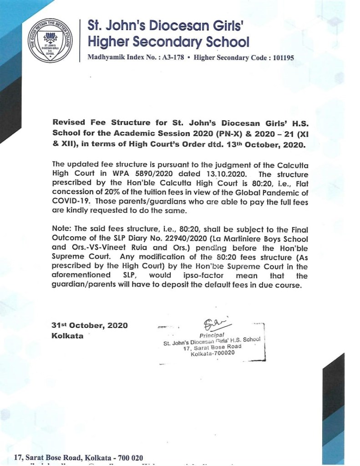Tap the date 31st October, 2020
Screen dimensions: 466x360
click(x=90, y=325)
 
